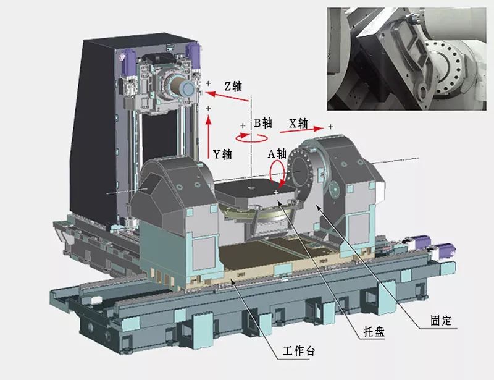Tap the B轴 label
264,122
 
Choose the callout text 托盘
372,332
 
